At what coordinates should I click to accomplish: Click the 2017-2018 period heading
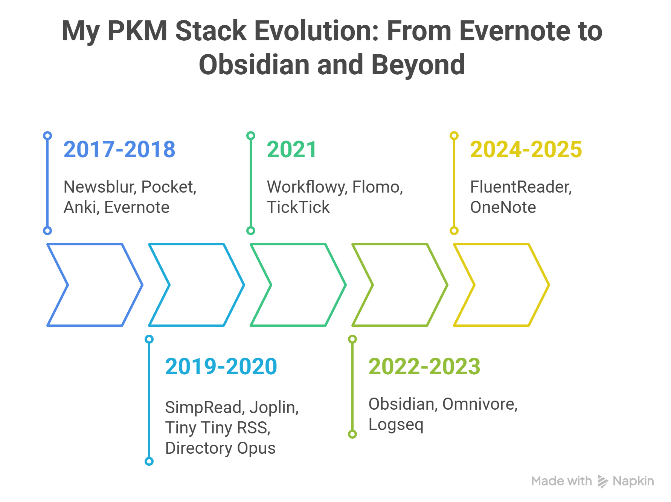pyautogui.click(x=119, y=149)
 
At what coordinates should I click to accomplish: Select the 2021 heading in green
pyautogui.click(x=291, y=149)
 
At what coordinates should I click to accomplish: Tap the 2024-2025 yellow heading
pyautogui.click(x=526, y=149)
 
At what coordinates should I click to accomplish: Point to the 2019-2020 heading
pyautogui.click(x=221, y=366)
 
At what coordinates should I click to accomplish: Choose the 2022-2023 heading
pyautogui.click(x=424, y=366)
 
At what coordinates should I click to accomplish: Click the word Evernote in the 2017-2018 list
pyautogui.click(x=137, y=207)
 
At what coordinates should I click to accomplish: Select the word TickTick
pyautogui.click(x=298, y=207)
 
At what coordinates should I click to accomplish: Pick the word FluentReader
pyautogui.click(x=521, y=187)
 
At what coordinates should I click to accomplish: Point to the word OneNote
pyautogui.click(x=503, y=207)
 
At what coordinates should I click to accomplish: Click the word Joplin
pyautogui.click(x=274, y=407)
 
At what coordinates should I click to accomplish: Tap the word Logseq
pyautogui.click(x=396, y=425)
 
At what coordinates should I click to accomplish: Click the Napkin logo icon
pyautogui.click(x=602, y=481)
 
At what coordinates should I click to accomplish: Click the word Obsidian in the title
pyautogui.click(x=255, y=65)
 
